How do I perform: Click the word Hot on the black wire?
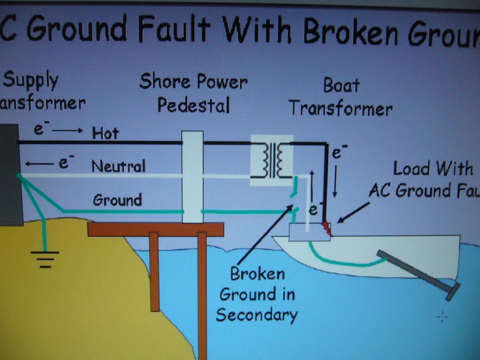pyautogui.click(x=105, y=133)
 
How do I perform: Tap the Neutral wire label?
pyautogui.click(x=118, y=166)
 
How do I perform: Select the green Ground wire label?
pyautogui.click(x=117, y=200)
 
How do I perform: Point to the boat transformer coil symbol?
pyautogui.click(x=271, y=159)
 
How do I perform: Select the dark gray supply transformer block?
pyautogui.click(x=8, y=175)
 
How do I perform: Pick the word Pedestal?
pyautogui.click(x=193, y=105)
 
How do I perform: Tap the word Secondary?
pyautogui.click(x=256, y=315)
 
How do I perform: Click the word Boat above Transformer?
pyautogui.click(x=341, y=85)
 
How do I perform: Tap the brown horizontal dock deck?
pyautogui.click(x=155, y=229)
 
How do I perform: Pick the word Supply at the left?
pyautogui.click(x=31, y=80)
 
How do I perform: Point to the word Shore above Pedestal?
pyautogui.click(x=165, y=81)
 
